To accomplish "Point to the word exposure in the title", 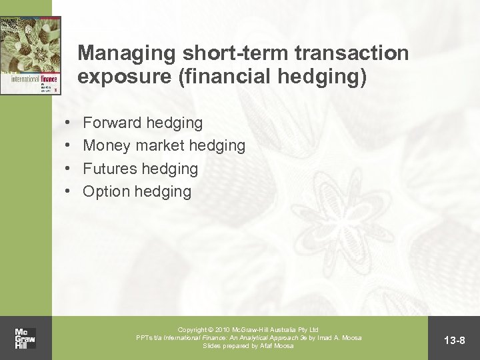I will (x=119, y=78).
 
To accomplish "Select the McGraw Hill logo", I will (x=25, y=338).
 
